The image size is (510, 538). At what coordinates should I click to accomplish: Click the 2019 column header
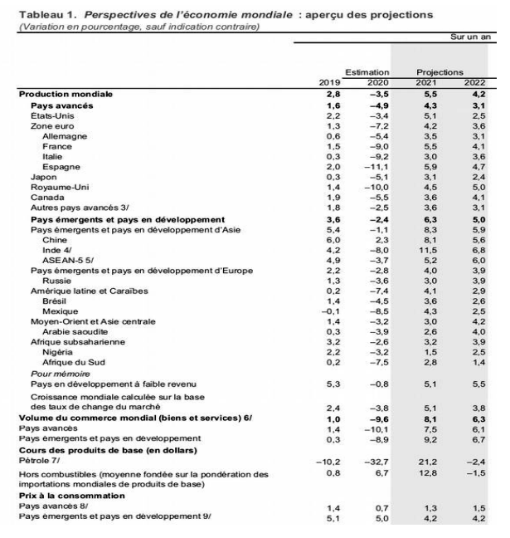[330, 83]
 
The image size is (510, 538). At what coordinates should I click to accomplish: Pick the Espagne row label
[58, 166]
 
